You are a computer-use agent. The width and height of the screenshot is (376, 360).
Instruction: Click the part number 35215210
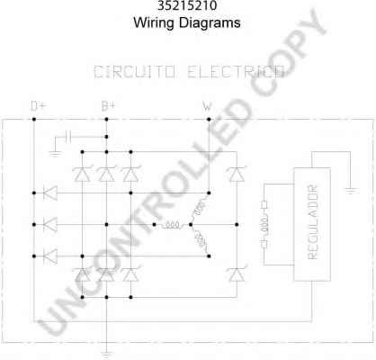pyautogui.click(x=187, y=5)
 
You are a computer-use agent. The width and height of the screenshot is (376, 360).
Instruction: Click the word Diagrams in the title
pyautogui.click(x=210, y=23)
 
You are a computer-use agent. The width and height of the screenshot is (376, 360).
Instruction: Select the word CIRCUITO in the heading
pyautogui.click(x=134, y=72)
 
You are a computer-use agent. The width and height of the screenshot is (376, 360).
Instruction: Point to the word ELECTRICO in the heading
pyautogui.click(x=236, y=72)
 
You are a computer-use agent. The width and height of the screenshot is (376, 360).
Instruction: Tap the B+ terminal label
pyautogui.click(x=108, y=106)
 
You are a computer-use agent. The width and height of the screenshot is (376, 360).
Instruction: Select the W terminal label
pyautogui.click(x=207, y=106)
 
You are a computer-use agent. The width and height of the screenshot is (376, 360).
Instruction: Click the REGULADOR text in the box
pyautogui.click(x=312, y=222)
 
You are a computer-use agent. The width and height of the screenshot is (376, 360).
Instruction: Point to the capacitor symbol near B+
pyautogui.click(x=68, y=137)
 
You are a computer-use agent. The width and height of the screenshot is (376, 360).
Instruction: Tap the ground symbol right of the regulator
pyautogui.click(x=351, y=191)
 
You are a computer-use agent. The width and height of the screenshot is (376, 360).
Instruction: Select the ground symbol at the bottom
pyautogui.click(x=106, y=355)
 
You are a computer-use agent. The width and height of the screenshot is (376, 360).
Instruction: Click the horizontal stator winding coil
pyautogui.click(x=173, y=225)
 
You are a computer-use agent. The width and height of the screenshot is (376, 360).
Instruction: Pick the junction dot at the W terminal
pyautogui.click(x=209, y=120)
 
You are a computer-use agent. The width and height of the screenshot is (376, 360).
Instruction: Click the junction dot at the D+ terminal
pyautogui.click(x=34, y=120)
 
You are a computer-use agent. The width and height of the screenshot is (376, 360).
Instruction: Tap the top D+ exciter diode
pyautogui.click(x=50, y=193)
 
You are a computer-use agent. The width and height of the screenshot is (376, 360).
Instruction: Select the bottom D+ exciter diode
pyautogui.click(x=50, y=256)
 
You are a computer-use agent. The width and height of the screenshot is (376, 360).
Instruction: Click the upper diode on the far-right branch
pyautogui.click(x=237, y=174)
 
